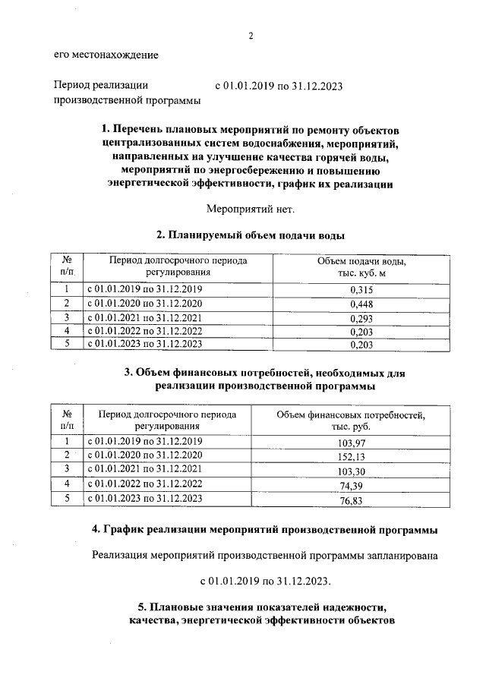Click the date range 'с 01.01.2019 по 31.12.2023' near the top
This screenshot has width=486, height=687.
pos(279,86)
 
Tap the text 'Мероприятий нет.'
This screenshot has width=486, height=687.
pos(250,208)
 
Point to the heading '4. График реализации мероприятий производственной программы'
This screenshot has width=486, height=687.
pos(264,528)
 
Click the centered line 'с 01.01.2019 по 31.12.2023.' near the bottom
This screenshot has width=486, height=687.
pos(265,581)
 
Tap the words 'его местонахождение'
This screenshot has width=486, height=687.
pos(106,54)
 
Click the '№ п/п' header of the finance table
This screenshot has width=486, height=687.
pos(66,421)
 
